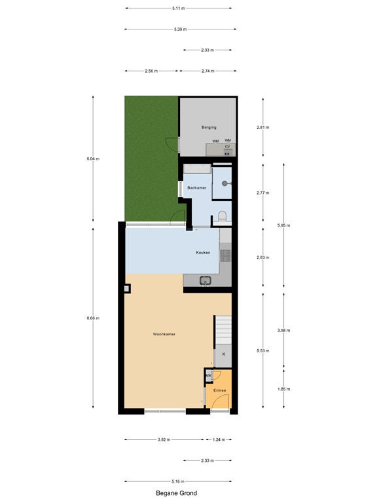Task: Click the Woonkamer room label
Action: [x=164, y=334]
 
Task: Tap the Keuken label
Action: [x=203, y=252]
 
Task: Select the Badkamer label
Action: [x=197, y=188]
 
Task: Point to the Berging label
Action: [x=209, y=127]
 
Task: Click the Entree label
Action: [x=219, y=390]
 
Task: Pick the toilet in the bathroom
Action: [x=223, y=215]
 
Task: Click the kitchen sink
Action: [x=206, y=281]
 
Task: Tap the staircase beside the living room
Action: [x=223, y=327]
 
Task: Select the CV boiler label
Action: [x=227, y=147]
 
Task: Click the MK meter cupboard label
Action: [x=209, y=376]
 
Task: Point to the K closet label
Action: [x=224, y=354]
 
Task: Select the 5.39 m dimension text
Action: [x=177, y=29]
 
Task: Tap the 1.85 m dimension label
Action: [x=284, y=390]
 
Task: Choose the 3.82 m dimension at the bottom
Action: [x=164, y=440]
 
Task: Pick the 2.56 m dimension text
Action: [x=151, y=71]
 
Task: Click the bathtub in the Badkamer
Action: [x=197, y=169]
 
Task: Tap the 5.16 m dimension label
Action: [x=177, y=481]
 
